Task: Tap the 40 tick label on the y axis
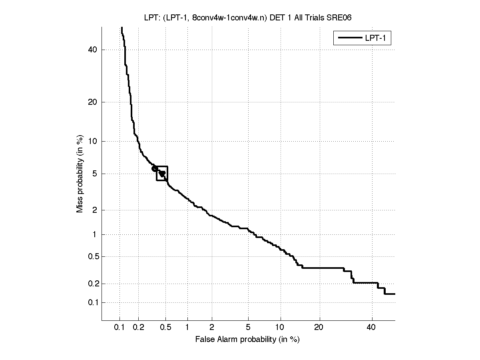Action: tap(93, 50)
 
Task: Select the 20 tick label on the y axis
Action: tap(93, 102)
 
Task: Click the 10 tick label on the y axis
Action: tap(93, 141)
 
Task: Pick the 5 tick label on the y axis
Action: tap(95, 174)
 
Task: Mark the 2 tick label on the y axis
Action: tap(95, 210)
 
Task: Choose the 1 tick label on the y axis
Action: tap(95, 234)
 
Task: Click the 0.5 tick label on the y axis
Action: tap(92, 256)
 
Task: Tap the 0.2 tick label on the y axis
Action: tap(92, 284)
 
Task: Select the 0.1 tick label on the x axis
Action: tap(120, 328)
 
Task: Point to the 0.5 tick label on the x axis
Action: tap(166, 328)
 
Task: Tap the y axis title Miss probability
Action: tap(80, 174)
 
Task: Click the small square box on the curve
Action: tap(162, 173)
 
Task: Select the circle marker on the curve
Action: tap(155, 169)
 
